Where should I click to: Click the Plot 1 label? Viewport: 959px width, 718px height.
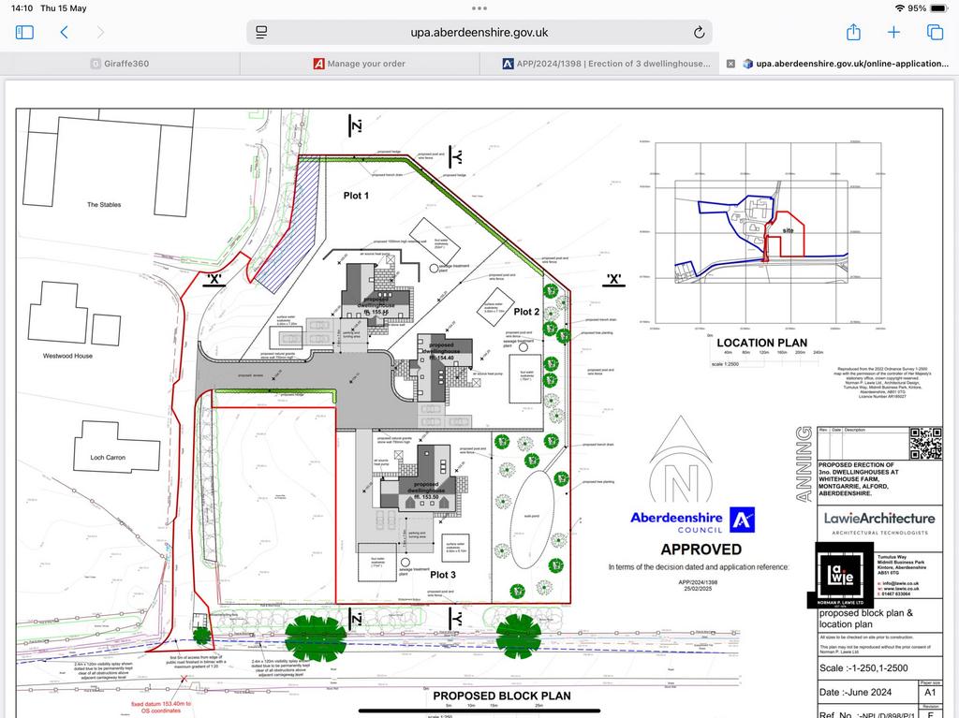click(356, 197)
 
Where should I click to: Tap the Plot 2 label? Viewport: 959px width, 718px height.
click(525, 312)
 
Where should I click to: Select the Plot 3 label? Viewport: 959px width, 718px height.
click(443, 574)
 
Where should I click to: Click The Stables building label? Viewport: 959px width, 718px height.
click(104, 204)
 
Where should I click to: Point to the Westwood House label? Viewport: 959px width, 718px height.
click(68, 356)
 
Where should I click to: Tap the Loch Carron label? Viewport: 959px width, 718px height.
click(109, 458)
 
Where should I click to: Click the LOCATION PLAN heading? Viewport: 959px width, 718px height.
click(762, 343)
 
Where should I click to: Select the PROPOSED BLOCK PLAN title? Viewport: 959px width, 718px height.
click(501, 696)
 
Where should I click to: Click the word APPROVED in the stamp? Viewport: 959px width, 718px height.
click(701, 549)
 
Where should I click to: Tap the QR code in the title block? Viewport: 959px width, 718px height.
click(925, 443)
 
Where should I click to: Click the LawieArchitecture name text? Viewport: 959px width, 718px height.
click(878, 518)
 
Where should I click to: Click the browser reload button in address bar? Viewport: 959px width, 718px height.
click(699, 33)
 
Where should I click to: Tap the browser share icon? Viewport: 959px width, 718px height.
click(853, 32)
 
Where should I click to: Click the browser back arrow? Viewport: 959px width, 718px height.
click(64, 32)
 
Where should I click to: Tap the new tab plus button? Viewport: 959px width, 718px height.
click(893, 32)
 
